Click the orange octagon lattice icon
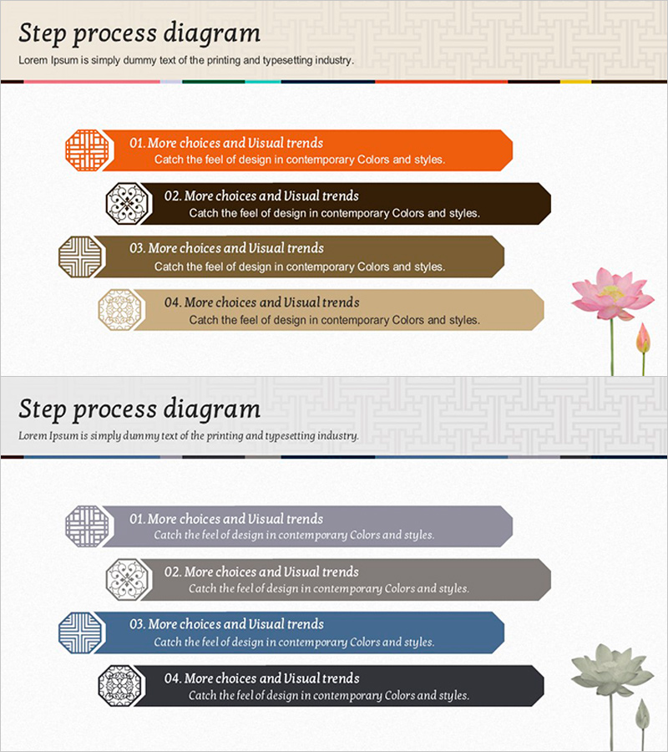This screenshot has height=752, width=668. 87,150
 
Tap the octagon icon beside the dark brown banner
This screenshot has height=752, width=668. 127,203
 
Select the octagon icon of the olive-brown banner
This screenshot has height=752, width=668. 80,257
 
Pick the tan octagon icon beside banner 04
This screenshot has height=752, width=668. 119,310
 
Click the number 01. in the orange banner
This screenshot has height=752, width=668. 137,143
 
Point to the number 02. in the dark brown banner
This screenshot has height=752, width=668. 173,196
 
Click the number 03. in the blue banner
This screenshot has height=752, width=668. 138,624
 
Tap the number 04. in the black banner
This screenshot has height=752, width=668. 173,678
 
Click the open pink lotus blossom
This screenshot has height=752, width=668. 612,294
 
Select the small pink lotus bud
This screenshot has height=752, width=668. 643,338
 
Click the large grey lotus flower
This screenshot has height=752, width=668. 612,670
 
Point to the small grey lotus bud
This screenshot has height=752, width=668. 642,714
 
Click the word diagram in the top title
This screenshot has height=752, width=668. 212,33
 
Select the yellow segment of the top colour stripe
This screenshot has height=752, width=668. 575,82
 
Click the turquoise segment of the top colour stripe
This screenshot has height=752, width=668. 263,82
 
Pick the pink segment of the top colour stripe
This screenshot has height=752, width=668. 92,82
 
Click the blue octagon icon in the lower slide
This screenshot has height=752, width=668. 80,633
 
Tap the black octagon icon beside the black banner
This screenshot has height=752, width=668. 119,686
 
